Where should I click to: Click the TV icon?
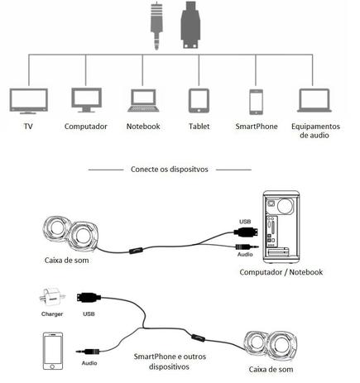pos(29,101)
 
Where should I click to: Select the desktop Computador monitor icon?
pos(87,100)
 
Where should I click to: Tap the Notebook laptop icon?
pos(143,100)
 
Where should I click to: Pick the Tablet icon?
pos(199,101)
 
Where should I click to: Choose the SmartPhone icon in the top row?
pos(256,102)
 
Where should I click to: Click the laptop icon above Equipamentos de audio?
pos(314,100)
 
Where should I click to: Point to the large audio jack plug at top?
pos(156,26)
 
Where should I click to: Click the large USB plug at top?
pos(190,25)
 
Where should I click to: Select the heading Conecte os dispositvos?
pos(170,169)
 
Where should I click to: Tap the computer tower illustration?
pos(281,227)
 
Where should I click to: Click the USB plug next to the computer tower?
pos(246,232)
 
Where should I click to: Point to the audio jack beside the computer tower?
pos(247,247)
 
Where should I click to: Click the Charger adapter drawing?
pos(52,298)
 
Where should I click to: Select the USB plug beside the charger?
pos(89,298)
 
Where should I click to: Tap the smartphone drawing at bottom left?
pos(53,351)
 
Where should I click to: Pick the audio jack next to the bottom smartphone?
pos(88,352)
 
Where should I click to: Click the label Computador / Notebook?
pos(281,272)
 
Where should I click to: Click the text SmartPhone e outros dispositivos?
pos(170,361)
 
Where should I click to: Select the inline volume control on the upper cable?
pos(136,251)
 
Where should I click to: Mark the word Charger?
pos(52,314)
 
